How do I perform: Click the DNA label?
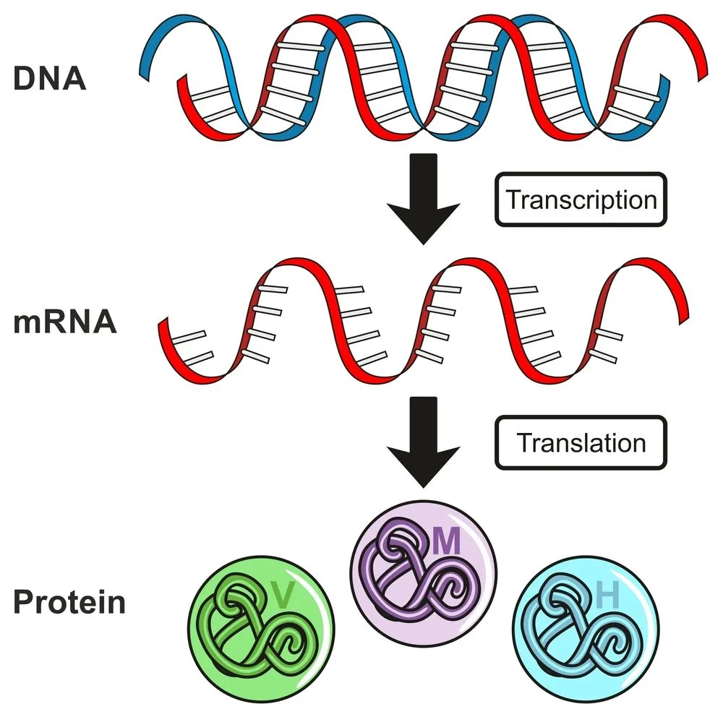(x=49, y=78)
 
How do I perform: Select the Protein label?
(x=69, y=601)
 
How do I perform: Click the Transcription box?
(x=581, y=199)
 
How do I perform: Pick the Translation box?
(x=581, y=442)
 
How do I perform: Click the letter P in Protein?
(x=22, y=601)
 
